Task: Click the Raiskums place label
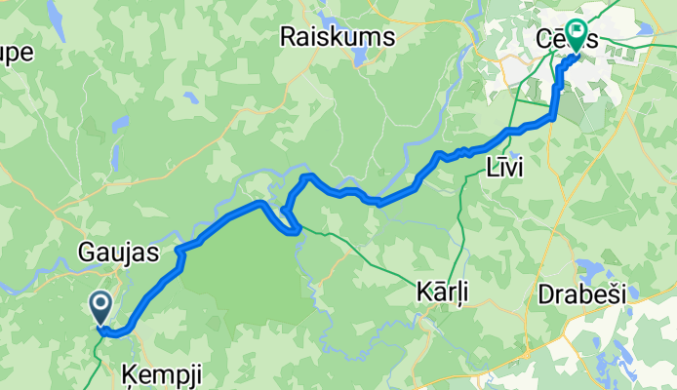tap(336, 37)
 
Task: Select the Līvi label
tap(504, 168)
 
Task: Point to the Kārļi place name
tap(437, 291)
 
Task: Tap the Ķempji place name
tap(149, 370)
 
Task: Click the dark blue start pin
tap(101, 307)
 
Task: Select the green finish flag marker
tap(577, 36)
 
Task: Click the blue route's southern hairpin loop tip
tap(293, 231)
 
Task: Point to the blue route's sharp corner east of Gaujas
tap(180, 253)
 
